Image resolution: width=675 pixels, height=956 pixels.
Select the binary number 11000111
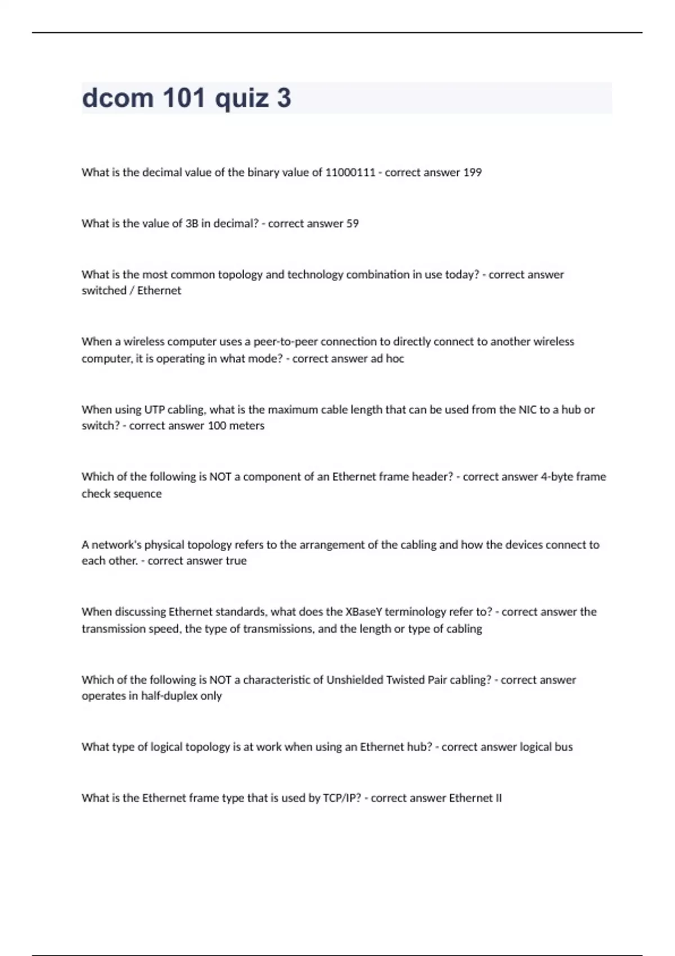click(x=350, y=173)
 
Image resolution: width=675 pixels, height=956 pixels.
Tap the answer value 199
click(x=472, y=173)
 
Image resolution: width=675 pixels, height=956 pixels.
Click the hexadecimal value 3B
click(x=192, y=223)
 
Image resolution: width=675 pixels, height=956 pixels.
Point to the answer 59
click(x=352, y=223)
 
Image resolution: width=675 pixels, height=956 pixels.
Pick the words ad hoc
click(x=387, y=358)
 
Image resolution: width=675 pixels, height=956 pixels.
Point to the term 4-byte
click(x=556, y=476)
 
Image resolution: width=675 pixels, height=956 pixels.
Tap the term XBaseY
click(x=363, y=611)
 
